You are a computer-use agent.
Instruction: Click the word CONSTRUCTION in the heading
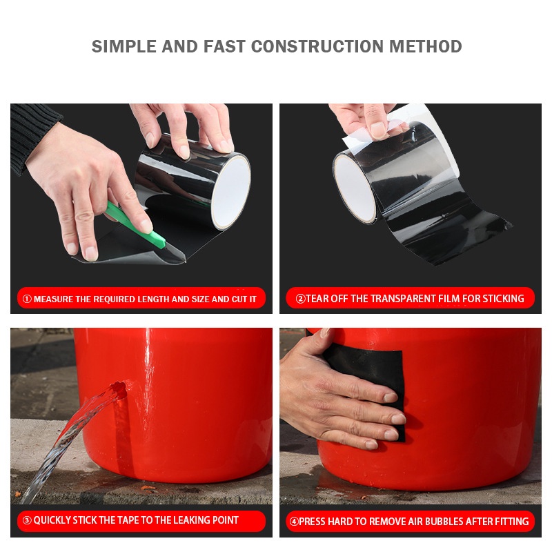[317, 46]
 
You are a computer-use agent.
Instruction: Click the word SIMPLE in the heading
[124, 46]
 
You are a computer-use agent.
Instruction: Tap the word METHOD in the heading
[425, 46]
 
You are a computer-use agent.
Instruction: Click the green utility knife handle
[136, 225]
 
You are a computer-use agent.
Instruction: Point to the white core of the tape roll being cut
[230, 192]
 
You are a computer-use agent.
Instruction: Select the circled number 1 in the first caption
[27, 299]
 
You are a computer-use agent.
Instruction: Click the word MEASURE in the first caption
[53, 299]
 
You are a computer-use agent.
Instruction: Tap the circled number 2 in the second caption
[300, 299]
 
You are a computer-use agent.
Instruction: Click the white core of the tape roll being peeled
[355, 188]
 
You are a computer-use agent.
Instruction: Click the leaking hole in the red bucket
[119, 389]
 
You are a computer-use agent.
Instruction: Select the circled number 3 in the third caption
[27, 520]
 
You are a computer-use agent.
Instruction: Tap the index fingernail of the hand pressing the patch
[390, 398]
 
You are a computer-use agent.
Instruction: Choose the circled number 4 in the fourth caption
[294, 522]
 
